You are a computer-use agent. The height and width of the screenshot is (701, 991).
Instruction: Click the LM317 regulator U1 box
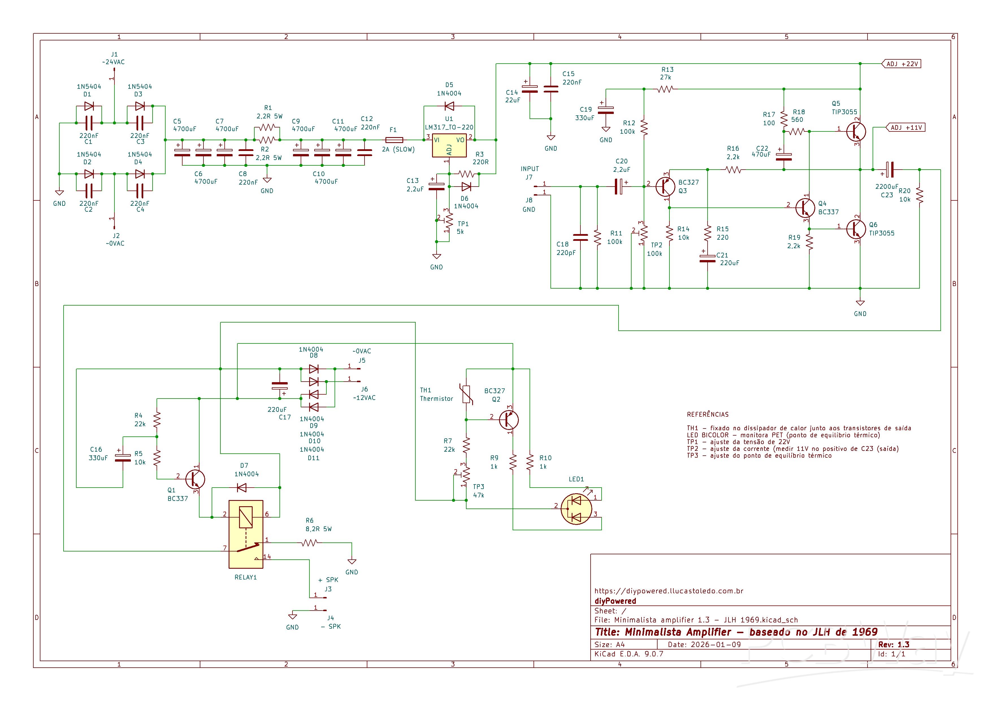click(x=449, y=146)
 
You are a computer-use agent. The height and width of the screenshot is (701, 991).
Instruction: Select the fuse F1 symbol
click(x=394, y=140)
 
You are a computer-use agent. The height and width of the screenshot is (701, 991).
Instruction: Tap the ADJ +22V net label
click(x=901, y=64)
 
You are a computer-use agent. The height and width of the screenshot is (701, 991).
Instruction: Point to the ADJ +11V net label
click(x=906, y=128)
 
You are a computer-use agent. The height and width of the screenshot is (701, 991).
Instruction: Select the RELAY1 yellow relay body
click(x=246, y=534)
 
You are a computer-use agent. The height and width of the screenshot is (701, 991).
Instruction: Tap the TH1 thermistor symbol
click(x=466, y=394)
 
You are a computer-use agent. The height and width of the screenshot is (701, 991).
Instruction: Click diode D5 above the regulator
click(x=449, y=106)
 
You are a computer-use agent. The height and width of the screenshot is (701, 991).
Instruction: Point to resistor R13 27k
click(x=665, y=89)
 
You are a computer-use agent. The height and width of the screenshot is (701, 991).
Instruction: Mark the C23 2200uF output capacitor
click(x=889, y=170)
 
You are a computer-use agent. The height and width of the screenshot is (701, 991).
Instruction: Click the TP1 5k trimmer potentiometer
click(x=449, y=221)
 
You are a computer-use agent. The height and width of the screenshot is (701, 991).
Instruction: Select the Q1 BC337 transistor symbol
click(x=195, y=479)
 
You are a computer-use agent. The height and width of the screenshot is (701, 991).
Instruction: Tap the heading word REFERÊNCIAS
click(x=707, y=414)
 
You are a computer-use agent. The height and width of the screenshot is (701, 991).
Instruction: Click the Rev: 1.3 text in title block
click(x=894, y=644)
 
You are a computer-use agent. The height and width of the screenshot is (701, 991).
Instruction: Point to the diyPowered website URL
click(x=669, y=591)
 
